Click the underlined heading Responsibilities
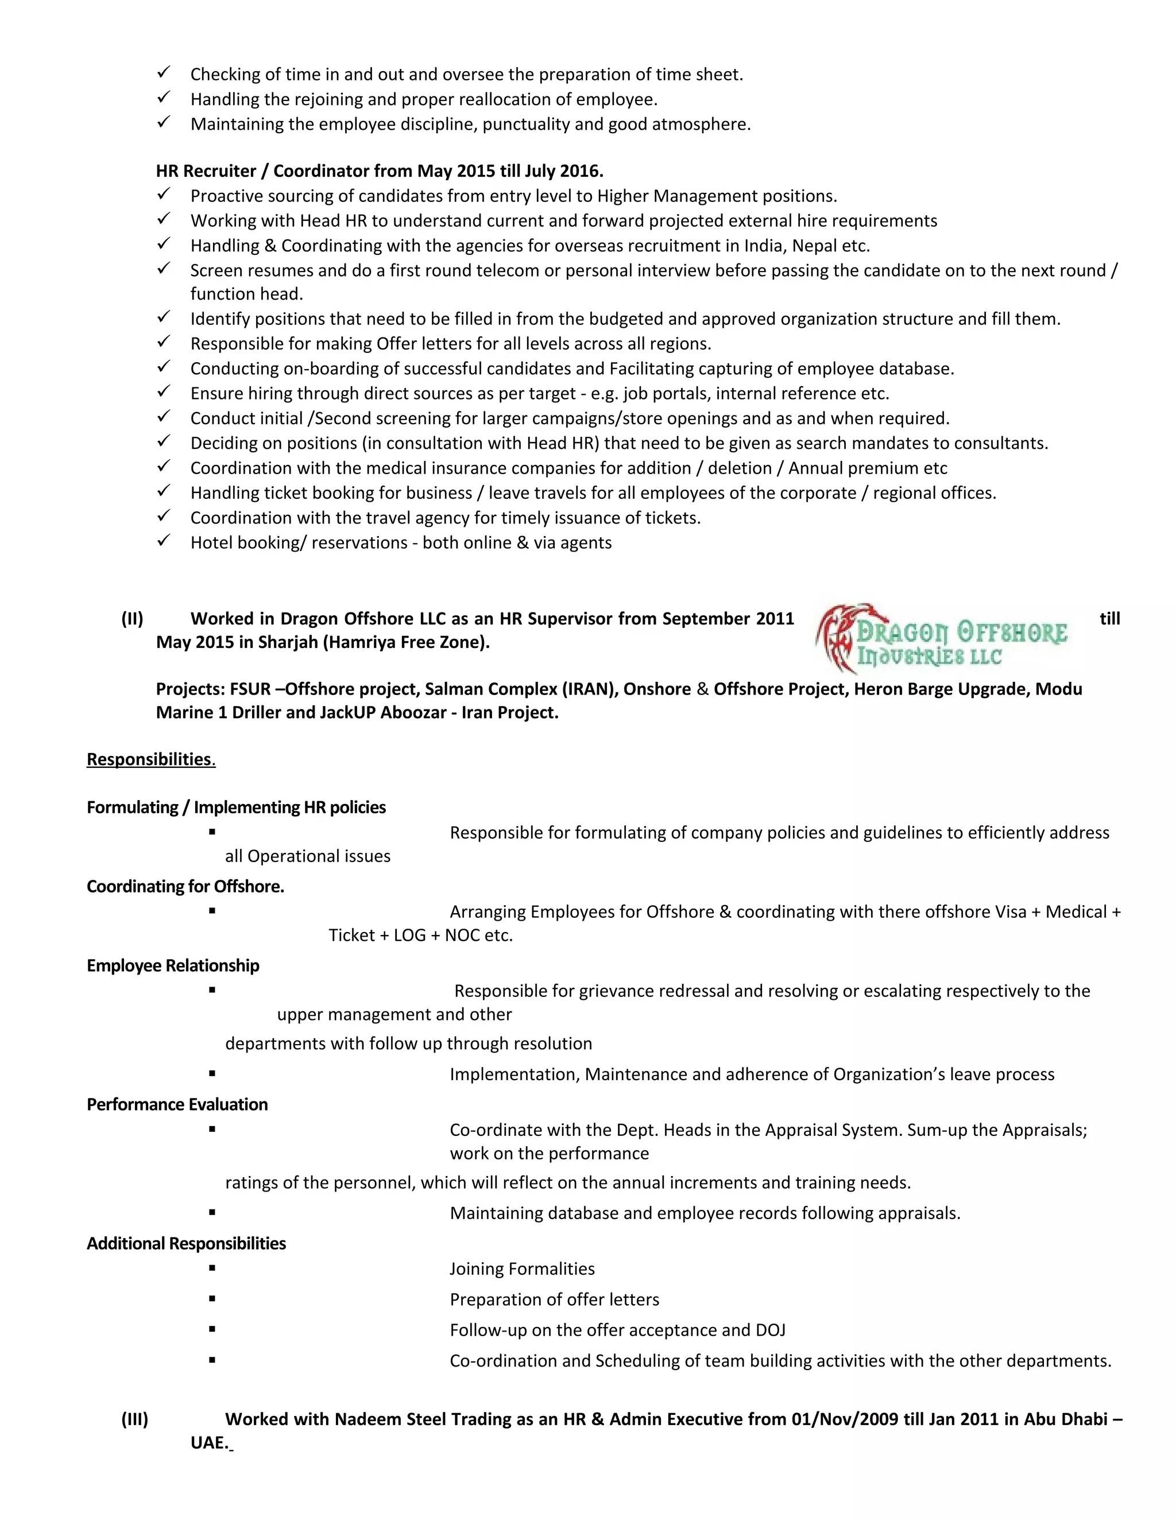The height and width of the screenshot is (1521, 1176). (149, 759)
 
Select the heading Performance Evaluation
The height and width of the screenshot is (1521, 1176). (177, 1104)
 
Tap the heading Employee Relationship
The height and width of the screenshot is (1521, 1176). (173, 965)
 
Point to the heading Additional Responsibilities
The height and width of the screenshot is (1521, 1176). (186, 1244)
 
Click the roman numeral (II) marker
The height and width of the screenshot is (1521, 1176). (133, 618)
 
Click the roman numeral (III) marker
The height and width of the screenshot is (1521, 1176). (135, 1419)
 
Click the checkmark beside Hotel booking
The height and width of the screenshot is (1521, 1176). (164, 541)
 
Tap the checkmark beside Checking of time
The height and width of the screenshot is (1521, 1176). (164, 73)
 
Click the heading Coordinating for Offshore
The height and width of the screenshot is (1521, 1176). (185, 887)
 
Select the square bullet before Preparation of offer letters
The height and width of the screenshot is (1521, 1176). (212, 1299)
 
